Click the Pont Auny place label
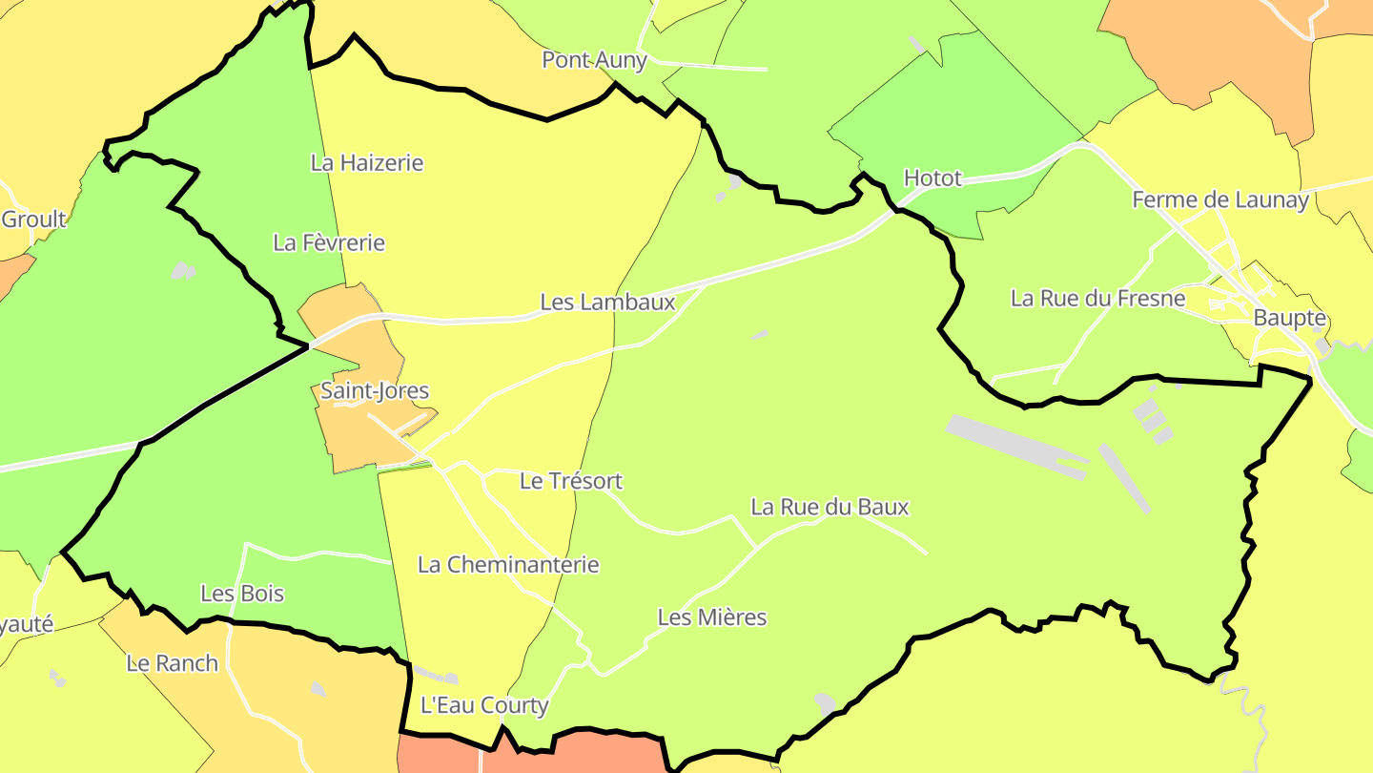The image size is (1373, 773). [x=594, y=60]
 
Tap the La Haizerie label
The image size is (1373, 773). [x=367, y=163]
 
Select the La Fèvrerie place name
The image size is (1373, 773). [x=329, y=242]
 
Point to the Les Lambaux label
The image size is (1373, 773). [x=607, y=303]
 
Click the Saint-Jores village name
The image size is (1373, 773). [x=375, y=390]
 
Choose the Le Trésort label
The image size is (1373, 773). [x=571, y=481]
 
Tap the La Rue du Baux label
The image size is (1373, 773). [x=830, y=507]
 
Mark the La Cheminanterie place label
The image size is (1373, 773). [x=508, y=565]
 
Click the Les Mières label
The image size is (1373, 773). [x=712, y=617]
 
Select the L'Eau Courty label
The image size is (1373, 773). [x=484, y=705]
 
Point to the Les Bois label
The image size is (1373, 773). [x=242, y=594]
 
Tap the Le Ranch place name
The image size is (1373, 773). [x=173, y=663]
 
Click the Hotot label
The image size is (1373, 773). [x=932, y=178]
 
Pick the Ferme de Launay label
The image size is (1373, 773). [x=1220, y=200]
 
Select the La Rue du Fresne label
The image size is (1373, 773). [x=1097, y=299]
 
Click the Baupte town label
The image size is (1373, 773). [x=1290, y=318]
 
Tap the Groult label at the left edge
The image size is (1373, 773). [x=33, y=219]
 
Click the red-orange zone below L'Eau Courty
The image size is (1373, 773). [x=572, y=754]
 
